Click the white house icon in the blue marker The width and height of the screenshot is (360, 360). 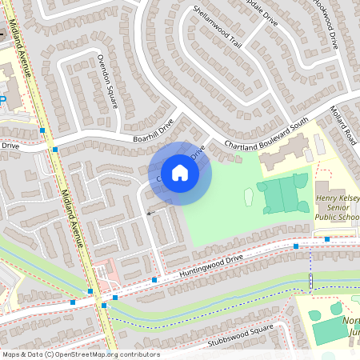pos(179,172)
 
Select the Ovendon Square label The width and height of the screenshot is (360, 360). pos(107,79)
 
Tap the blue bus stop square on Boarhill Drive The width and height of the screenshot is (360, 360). pos(54,149)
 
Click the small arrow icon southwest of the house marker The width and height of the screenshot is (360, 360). pos(150,213)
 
